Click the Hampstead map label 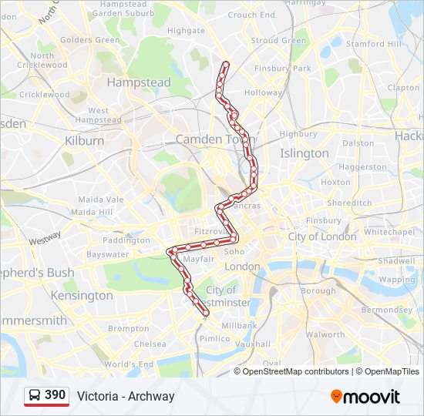point(139,82)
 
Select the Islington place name point(304,153)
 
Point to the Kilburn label point(85,141)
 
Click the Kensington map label point(82,295)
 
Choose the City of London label point(322,237)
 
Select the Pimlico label point(214,338)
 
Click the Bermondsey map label point(387,309)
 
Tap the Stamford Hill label point(374,44)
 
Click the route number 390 point(56,395)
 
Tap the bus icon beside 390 point(35,396)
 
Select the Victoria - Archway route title point(126,396)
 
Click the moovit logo point(365,397)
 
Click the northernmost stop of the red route point(225,63)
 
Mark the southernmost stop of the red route point(206,313)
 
